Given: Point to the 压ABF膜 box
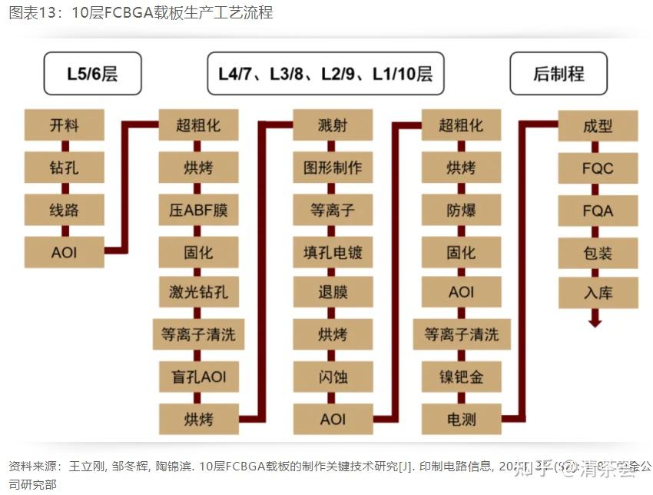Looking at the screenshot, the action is tap(198, 209).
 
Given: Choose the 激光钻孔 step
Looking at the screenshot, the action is tap(198, 293).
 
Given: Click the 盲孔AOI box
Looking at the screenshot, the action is tap(198, 377).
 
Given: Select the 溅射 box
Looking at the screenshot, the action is tap(333, 125).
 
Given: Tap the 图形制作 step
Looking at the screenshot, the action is tap(333, 167).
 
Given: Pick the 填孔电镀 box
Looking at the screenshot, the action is tap(333, 251).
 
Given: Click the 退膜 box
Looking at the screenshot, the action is tap(333, 293).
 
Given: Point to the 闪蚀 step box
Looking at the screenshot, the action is tap(333, 377).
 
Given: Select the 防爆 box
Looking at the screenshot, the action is tap(461, 209).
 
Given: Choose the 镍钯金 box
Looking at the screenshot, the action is tap(461, 377).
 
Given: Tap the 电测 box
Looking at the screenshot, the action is tap(461, 419).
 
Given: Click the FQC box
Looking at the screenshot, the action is tap(597, 167).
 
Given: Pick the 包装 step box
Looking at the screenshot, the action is tap(597, 251).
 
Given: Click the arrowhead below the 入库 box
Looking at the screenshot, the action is tap(595, 322).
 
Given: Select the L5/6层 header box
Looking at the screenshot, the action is tap(93, 74).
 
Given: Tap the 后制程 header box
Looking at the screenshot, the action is tap(559, 74).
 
